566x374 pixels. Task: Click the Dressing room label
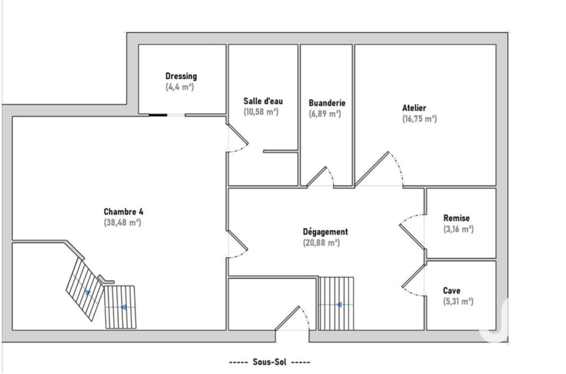coord(181,76)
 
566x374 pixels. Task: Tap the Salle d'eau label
coord(263,101)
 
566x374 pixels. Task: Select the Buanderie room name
coord(327,103)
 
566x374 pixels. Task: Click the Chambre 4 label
coord(123,212)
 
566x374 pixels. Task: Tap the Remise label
coord(457,218)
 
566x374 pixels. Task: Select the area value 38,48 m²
coord(122,223)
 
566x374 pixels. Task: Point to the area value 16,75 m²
coord(419,118)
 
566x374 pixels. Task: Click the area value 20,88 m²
coord(320,243)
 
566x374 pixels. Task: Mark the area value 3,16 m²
coord(458,229)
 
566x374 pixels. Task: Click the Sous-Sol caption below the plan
coord(269,362)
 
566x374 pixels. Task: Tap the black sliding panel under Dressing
coord(157,115)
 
